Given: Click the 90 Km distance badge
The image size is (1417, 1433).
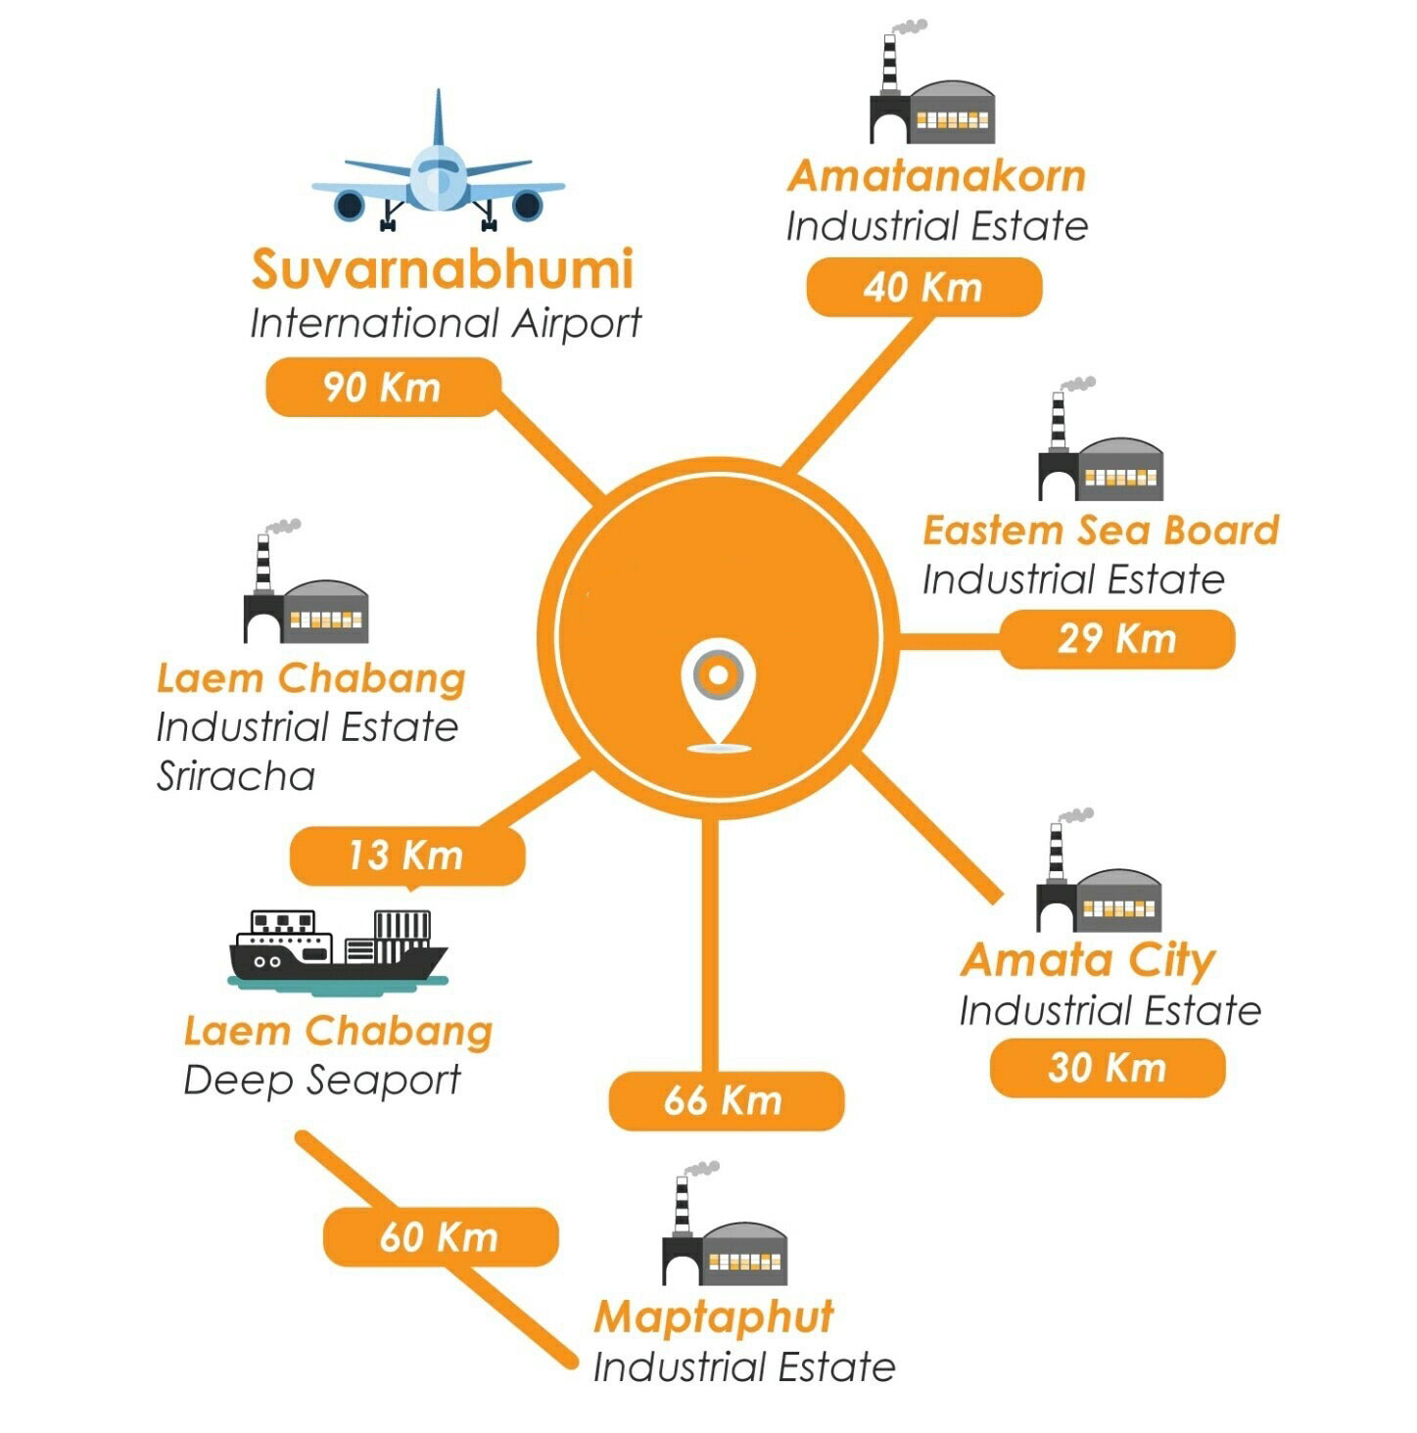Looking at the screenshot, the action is click(383, 387).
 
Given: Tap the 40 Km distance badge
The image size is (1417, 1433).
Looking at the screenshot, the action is click(924, 287).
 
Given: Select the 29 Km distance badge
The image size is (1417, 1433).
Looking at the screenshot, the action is click(1117, 639).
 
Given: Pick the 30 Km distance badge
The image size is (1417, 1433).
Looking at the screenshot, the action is click(1108, 1068).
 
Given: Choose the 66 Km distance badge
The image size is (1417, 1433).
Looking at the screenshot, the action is click(727, 1101).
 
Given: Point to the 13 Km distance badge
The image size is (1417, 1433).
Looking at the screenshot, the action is click(407, 855).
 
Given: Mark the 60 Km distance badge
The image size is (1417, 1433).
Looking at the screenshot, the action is click(441, 1236).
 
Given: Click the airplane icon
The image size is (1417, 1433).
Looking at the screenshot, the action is click(439, 161).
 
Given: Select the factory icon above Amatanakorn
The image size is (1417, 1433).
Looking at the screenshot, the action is click(932, 82).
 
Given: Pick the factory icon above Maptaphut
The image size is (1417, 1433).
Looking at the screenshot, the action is click(724, 1223).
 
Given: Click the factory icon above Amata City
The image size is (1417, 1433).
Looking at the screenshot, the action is click(1099, 869).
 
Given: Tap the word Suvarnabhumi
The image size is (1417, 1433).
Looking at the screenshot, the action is click(443, 268).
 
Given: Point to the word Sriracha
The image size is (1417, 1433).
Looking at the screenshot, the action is click(236, 776).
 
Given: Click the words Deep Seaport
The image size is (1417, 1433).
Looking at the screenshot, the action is click(322, 1080).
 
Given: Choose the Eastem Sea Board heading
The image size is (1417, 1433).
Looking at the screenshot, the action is click(1101, 531).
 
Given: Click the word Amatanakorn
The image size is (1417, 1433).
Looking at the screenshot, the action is click(937, 176).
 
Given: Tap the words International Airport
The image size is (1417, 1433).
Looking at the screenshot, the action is click(446, 323).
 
